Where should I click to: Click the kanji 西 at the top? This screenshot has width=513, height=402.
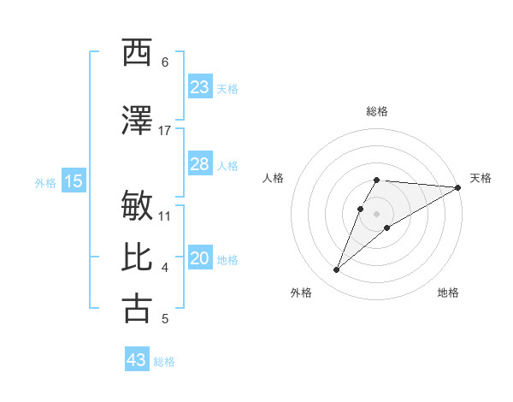(x=137, y=53)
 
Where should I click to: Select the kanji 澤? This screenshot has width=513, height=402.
(x=137, y=121)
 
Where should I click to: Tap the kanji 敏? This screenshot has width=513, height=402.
(x=137, y=206)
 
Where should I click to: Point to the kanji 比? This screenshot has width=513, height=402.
(x=137, y=257)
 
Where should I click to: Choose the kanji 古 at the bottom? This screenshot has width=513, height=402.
(x=137, y=309)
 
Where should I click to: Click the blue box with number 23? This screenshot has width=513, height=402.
(x=200, y=87)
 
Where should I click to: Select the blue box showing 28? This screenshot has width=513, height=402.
(x=200, y=164)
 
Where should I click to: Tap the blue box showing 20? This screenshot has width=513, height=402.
(x=200, y=259)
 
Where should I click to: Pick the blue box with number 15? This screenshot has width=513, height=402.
(x=73, y=181)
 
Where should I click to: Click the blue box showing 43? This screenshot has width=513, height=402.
(x=137, y=360)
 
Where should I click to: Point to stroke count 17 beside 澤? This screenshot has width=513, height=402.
(x=165, y=130)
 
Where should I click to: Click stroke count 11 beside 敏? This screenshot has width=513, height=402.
(x=165, y=215)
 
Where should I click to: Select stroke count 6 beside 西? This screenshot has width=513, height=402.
(x=165, y=62)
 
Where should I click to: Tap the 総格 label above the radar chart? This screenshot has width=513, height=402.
(x=377, y=111)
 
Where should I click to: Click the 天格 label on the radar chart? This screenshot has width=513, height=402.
(x=481, y=178)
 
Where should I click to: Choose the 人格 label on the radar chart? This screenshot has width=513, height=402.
(x=273, y=178)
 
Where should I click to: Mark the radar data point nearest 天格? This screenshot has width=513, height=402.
(x=458, y=187)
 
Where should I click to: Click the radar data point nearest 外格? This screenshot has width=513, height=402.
(x=336, y=270)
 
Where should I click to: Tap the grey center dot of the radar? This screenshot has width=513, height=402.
(x=377, y=214)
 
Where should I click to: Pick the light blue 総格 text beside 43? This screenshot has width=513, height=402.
(x=164, y=362)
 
